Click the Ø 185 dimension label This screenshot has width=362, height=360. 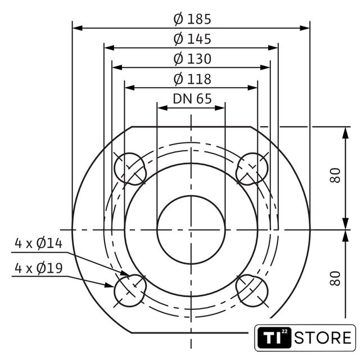(x=192, y=19)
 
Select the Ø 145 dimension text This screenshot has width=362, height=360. (x=192, y=39)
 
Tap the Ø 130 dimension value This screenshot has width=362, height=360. (x=192, y=58)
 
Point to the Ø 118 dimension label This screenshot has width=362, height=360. (x=192, y=79)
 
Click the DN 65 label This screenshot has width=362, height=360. (x=192, y=98)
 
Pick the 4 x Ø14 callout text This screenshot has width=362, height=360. (x=39, y=244)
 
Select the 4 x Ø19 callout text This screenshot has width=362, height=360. (x=39, y=268)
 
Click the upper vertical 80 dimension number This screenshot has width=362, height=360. (x=335, y=175)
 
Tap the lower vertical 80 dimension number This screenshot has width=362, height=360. (x=335, y=278)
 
